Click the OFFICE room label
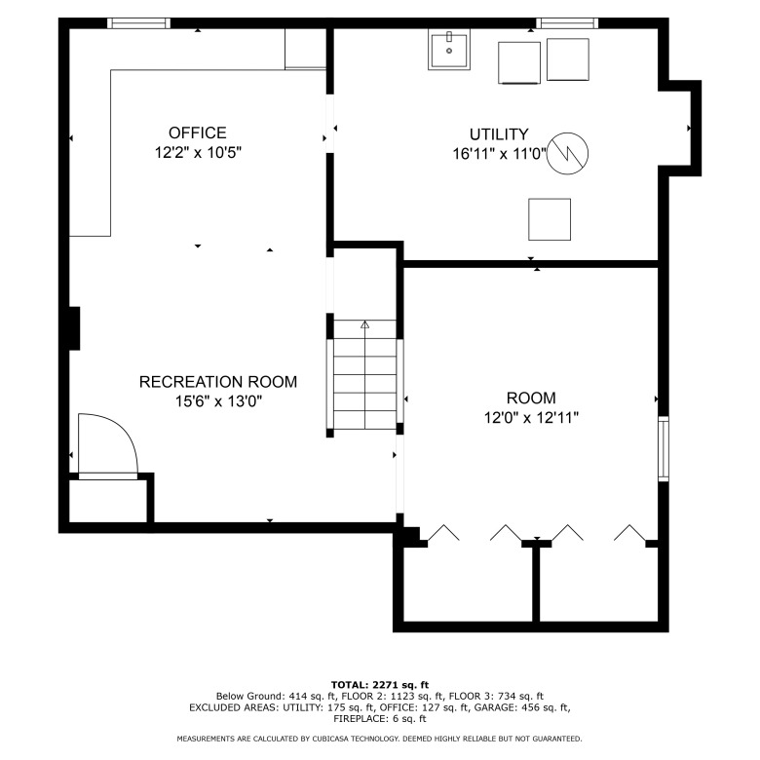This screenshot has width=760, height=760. [x=197, y=133]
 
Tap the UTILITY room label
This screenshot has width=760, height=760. [x=499, y=134]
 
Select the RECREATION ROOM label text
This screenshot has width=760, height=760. [x=218, y=382]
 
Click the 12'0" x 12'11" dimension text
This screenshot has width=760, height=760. [x=531, y=418]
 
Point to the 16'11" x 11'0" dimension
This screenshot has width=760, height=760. [x=499, y=154]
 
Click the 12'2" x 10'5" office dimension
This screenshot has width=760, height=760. [x=198, y=153]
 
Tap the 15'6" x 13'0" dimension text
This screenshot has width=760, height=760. [x=218, y=401]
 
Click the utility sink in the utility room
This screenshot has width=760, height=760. [x=449, y=50]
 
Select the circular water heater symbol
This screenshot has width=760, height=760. [x=568, y=153]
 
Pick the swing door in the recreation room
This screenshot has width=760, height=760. [x=108, y=446]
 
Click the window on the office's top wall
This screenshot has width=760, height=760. [x=138, y=23]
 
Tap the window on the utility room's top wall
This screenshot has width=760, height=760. [x=567, y=23]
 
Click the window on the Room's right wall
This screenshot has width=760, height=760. [x=664, y=448]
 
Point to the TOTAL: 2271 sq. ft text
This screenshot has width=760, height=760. [x=380, y=685]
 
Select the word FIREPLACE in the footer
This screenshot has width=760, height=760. [x=361, y=719]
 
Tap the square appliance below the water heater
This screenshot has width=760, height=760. [x=550, y=219]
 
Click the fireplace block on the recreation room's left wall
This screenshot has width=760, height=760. [x=74, y=328]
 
